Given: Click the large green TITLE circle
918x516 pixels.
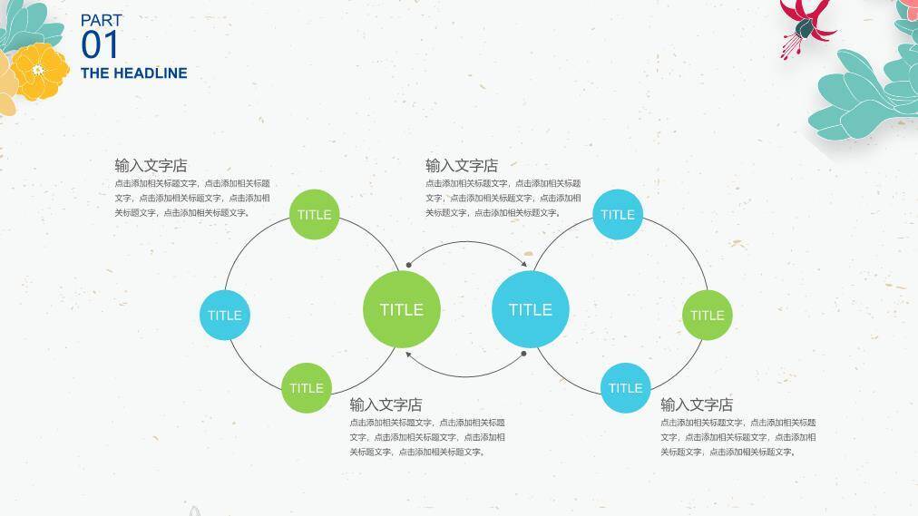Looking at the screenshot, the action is [402, 309].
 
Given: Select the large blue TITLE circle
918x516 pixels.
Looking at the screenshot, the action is [531, 309].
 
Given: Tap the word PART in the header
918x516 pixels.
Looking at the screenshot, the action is [102, 21].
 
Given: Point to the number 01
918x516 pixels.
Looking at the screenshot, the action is [100, 45].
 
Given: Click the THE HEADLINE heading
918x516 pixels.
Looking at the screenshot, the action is [134, 73].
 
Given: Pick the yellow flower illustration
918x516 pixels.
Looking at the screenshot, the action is [40, 72].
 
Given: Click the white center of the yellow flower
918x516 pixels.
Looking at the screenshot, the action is [38, 70].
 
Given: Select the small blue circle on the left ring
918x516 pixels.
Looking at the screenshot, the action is [225, 315].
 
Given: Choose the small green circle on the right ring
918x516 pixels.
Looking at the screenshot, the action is [708, 315].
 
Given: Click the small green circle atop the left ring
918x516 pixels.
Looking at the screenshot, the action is [315, 214].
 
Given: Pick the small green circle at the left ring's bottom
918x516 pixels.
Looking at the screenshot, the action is [307, 388].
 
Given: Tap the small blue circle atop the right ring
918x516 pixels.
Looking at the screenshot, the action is [618, 214].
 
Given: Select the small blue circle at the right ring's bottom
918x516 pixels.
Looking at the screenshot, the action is [625, 388].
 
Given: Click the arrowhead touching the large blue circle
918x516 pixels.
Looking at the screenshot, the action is [524, 264].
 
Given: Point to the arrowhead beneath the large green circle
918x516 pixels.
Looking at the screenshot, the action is [408, 355].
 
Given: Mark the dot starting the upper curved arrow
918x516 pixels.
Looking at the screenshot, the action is [408, 265].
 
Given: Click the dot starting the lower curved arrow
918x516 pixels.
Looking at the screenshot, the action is [523, 354].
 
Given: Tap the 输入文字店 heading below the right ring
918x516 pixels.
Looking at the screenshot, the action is [697, 404].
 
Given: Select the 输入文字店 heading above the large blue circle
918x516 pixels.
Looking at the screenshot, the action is [462, 166].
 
